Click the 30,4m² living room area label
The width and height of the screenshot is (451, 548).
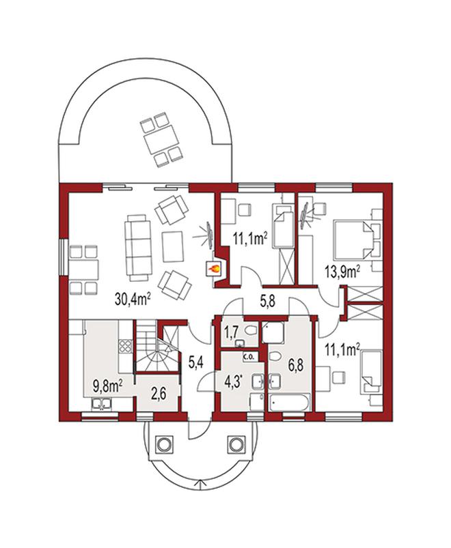[x=133, y=299]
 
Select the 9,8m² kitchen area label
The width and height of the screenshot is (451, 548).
[x=107, y=386]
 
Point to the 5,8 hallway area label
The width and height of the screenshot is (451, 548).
[x=267, y=300]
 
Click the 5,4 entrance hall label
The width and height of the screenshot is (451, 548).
[x=196, y=362]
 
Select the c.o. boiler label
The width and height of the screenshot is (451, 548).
[x=251, y=357]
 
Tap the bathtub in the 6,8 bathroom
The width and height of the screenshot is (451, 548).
[x=289, y=402]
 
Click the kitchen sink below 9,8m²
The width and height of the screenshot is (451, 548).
[x=101, y=404]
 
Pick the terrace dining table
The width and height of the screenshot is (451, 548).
[x=161, y=141]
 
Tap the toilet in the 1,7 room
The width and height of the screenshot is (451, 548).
[x=250, y=330]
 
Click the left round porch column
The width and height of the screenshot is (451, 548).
[x=163, y=444]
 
